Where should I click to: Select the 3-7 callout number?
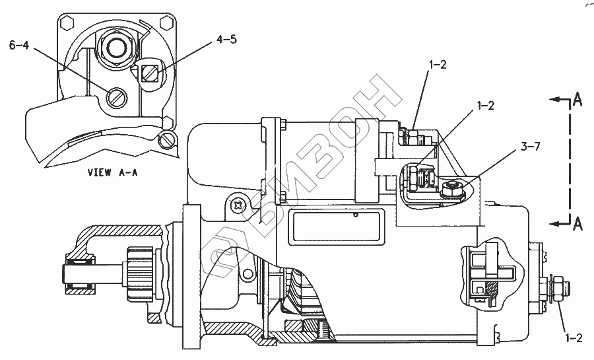pyautogui.click(x=530, y=147)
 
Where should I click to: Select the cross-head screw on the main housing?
pyautogui.click(x=236, y=205)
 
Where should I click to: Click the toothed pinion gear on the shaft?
pyautogui.click(x=139, y=271)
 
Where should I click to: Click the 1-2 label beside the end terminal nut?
pyautogui.click(x=573, y=338)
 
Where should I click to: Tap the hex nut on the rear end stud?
pyautogui.click(x=558, y=286)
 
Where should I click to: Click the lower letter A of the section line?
pyautogui.click(x=577, y=223)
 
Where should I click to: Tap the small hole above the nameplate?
pyautogui.click(x=355, y=215)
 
